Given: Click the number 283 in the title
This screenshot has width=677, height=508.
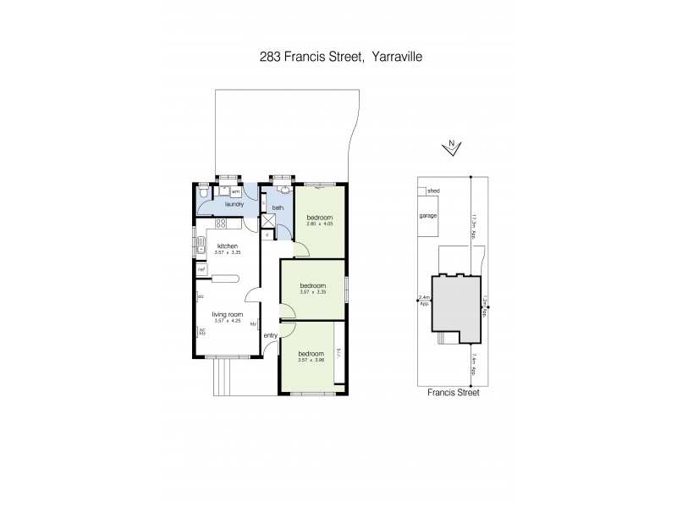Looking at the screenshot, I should click(x=270, y=58).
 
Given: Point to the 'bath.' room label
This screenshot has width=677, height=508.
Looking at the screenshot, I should click(x=277, y=207).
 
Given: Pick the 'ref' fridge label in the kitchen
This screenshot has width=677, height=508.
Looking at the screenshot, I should click(x=201, y=270).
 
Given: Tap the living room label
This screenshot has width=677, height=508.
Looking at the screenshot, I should click(x=227, y=315).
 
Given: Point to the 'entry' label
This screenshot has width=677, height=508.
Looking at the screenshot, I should click(x=271, y=336).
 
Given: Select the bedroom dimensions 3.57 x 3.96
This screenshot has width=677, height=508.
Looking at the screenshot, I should click(x=311, y=359).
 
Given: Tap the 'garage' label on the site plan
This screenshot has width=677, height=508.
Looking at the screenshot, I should click(x=429, y=216).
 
